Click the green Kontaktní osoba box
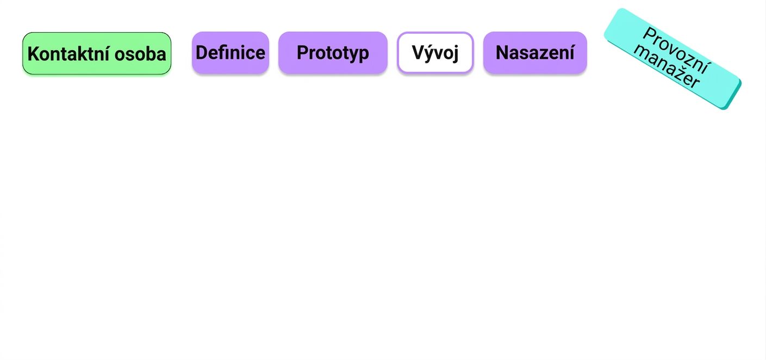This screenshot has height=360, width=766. [97, 53]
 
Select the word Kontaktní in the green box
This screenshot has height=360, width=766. [68, 54]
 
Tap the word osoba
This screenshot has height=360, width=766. [140, 54]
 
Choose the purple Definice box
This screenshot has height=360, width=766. [231, 53]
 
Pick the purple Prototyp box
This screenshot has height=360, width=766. [333, 53]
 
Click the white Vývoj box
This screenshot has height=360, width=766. [435, 53]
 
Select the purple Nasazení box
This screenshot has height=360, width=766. [535, 53]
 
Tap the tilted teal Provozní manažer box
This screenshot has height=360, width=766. [672, 59]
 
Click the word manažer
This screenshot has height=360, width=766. [667, 67]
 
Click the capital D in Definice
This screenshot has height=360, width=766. [201, 53]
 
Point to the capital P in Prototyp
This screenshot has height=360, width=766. [303, 53]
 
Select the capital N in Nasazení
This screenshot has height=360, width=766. [502, 53]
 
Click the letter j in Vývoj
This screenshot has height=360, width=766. [455, 54]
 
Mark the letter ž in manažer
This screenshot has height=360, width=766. [677, 72]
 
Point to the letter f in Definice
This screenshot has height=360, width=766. [222, 53]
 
